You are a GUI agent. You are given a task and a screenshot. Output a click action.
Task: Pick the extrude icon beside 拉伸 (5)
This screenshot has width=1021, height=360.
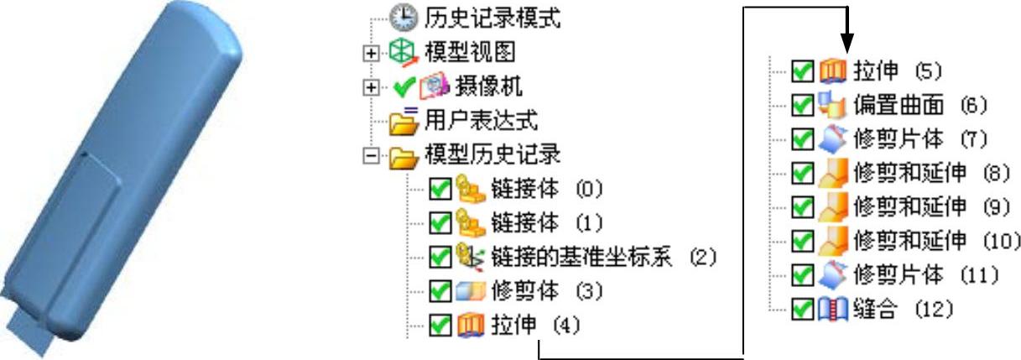pos(829,70)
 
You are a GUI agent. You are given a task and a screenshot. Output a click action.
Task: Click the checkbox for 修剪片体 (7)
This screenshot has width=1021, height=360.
pos(803,138)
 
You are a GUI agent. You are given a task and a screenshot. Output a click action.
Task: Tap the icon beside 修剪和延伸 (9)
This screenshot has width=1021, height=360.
pos(829,206)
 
